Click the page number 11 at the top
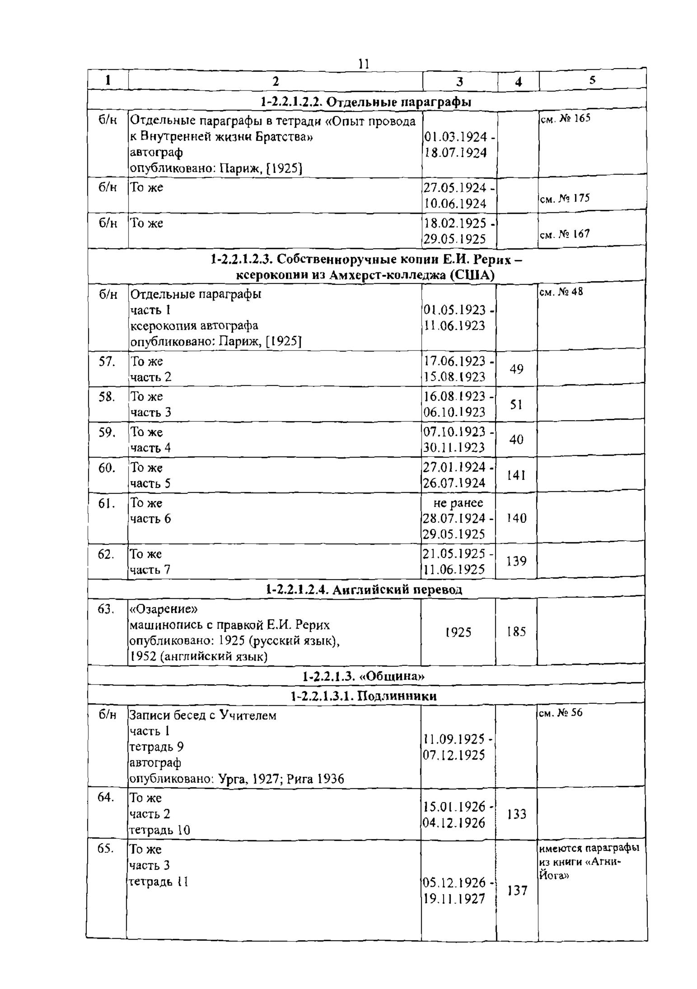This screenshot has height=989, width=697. pos(363,64)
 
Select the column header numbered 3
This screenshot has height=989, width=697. pos(459,81)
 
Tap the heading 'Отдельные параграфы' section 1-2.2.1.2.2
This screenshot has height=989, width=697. pos(366,102)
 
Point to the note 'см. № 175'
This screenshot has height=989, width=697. pos(565,198)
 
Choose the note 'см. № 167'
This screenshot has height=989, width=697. pos(565,234)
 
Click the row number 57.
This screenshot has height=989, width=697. pos(107,361)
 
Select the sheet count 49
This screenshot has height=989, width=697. pos(517,369)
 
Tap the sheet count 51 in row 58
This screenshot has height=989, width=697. pos(517,405)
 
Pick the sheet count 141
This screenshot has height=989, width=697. pos(517,475)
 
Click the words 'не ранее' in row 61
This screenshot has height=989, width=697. pos(458,503)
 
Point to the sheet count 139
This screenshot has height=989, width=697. pos(517,561)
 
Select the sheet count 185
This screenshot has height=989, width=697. pos(517,631)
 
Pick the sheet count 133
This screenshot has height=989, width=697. pos(517,814)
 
